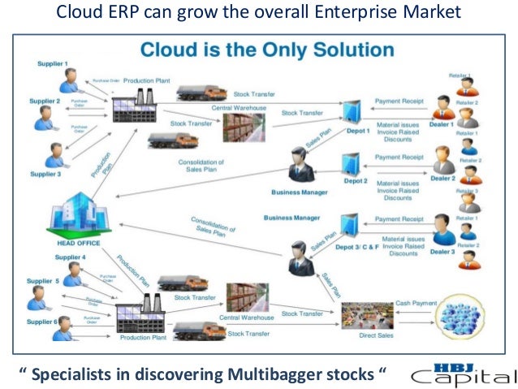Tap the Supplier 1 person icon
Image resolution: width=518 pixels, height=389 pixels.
(x=68, y=80)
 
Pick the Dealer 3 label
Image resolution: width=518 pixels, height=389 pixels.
(x=442, y=253)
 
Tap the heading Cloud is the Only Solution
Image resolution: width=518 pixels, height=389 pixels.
(x=267, y=50)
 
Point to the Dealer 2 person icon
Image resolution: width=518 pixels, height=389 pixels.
(x=443, y=159)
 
